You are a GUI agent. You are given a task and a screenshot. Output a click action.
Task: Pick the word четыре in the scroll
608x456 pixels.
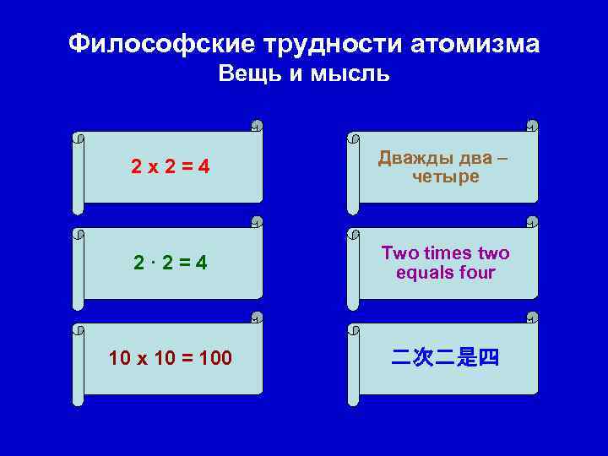(x=446, y=177)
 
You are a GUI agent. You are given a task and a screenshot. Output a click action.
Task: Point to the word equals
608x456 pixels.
(x=424, y=273)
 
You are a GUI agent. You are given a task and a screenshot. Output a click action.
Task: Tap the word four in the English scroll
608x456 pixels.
(x=478, y=273)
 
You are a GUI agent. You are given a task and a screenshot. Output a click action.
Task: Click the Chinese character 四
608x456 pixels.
(x=489, y=358)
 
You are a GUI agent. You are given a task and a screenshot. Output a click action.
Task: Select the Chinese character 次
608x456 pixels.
(x=423, y=358)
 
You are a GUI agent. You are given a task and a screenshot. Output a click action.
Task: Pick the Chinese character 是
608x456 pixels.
(x=467, y=358)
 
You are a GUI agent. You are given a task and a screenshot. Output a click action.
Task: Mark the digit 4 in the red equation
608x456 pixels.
(x=204, y=168)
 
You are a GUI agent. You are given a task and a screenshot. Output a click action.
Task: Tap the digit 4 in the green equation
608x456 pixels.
(x=202, y=263)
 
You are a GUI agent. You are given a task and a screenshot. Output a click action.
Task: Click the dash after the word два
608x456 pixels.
(x=503, y=159)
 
